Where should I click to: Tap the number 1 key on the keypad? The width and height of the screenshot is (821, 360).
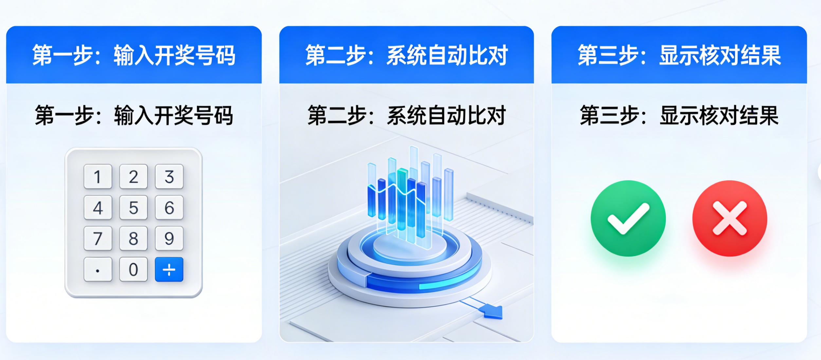[98, 177]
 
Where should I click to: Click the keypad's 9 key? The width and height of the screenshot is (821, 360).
[169, 238]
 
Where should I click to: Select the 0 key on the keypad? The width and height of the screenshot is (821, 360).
[133, 269]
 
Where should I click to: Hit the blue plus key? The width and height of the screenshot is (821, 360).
[169, 269]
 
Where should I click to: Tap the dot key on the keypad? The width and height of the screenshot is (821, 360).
[98, 269]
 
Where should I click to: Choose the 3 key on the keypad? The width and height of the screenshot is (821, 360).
[169, 177]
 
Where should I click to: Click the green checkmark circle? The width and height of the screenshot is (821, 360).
[628, 218]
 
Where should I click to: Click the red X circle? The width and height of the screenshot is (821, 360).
[730, 218]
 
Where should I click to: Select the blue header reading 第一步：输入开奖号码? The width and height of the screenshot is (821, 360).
[134, 55]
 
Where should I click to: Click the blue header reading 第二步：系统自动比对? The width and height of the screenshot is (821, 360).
[406, 55]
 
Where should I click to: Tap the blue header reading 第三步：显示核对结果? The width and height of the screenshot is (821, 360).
[679, 55]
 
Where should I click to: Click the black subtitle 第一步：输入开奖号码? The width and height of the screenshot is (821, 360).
[134, 115]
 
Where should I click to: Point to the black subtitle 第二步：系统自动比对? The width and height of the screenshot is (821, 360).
[406, 115]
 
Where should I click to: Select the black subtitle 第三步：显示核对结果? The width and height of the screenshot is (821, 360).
[679, 115]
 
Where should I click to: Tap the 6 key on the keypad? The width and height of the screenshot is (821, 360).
[169, 207]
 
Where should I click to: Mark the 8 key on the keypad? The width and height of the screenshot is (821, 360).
[133, 238]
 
